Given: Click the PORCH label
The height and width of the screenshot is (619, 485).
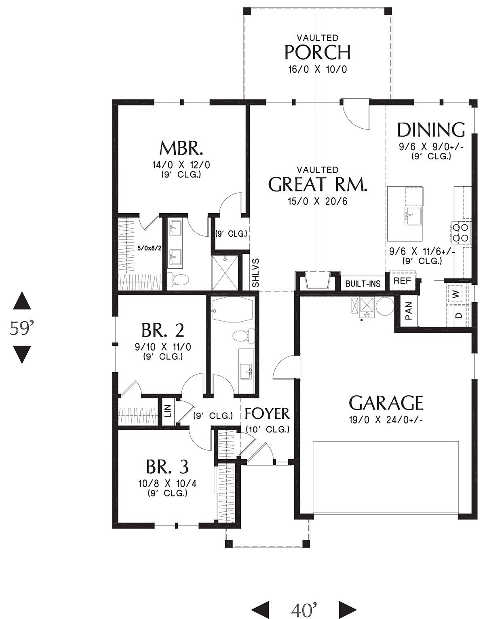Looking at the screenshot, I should click(317, 53).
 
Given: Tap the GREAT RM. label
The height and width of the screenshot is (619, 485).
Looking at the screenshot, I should click(318, 184).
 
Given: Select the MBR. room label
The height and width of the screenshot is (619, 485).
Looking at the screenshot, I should click(181, 148).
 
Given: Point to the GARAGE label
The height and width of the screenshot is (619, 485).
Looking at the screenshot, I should click(386, 403).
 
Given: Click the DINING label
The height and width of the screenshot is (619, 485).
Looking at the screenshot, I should click(431, 130).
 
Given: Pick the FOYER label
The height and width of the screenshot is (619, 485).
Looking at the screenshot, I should click(267, 413).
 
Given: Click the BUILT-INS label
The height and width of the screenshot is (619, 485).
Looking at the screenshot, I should click(363, 284).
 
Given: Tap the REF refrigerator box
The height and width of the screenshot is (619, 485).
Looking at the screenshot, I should click(402, 281).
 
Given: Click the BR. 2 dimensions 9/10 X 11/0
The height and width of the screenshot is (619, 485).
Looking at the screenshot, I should click(163, 347).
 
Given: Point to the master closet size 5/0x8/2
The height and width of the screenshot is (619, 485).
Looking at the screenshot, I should click(150, 248).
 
